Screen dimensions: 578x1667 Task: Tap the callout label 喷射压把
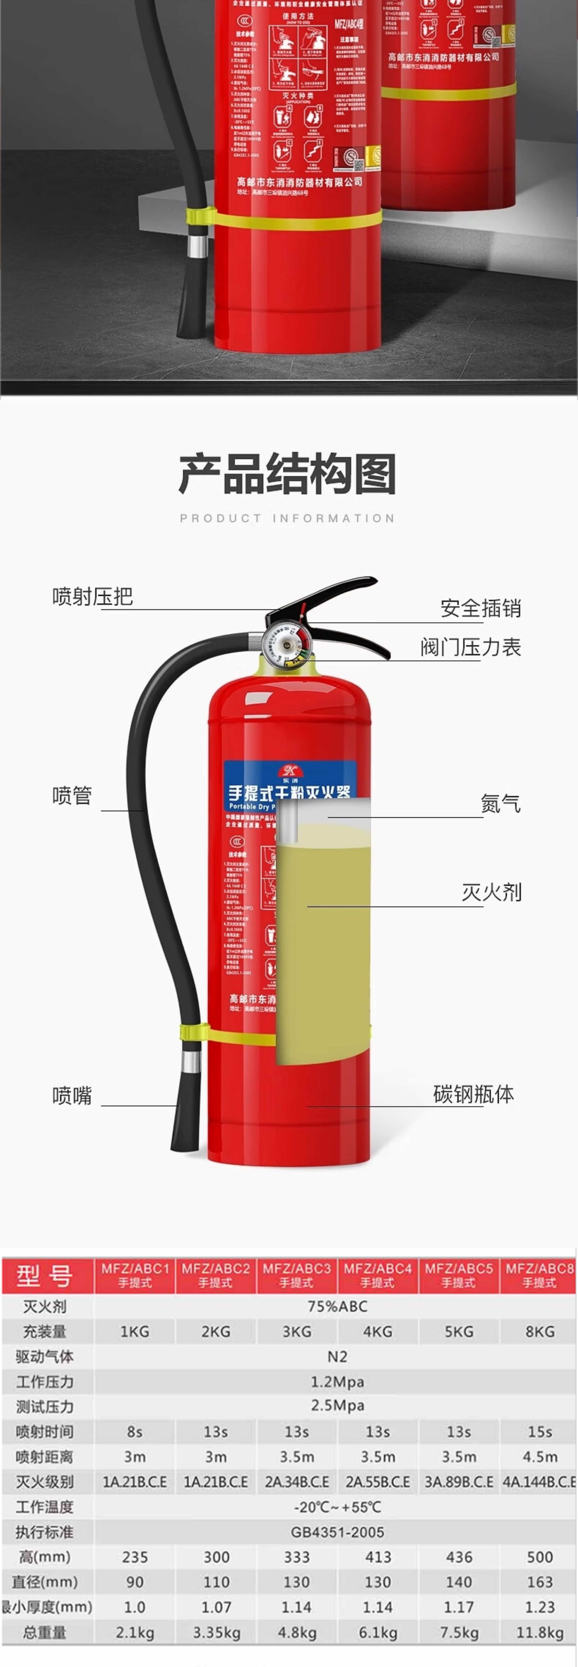(93, 596)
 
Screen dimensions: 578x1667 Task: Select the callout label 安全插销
(480, 608)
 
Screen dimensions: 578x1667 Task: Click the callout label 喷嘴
(72, 1096)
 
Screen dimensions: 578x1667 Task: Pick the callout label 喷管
(72, 795)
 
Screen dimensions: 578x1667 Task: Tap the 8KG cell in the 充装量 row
(539, 1331)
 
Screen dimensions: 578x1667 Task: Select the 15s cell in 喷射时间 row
(539, 1431)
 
